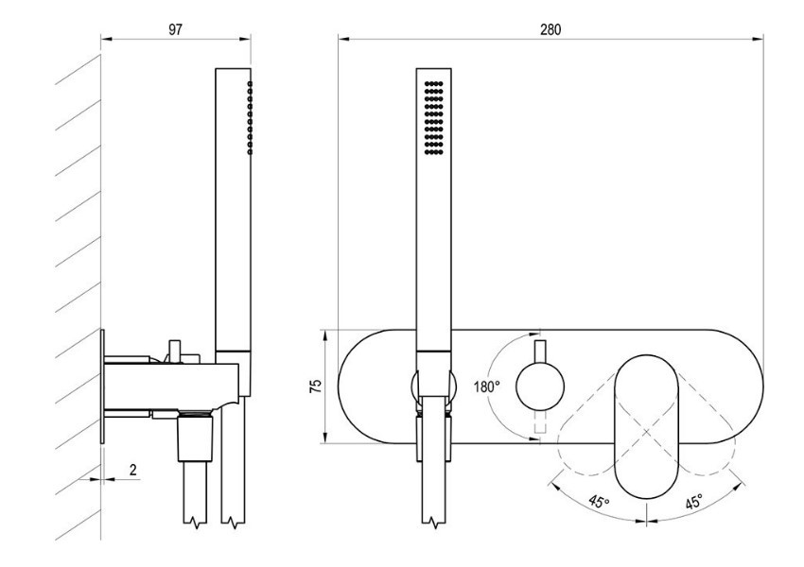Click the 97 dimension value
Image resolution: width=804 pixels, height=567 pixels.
click(175, 29)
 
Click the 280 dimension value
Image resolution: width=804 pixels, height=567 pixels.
click(551, 29)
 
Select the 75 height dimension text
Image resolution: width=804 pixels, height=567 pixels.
click(316, 387)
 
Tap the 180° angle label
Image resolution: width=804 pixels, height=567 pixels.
click(486, 387)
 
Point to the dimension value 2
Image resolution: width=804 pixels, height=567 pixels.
click(133, 470)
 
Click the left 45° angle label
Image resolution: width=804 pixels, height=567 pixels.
click(599, 502)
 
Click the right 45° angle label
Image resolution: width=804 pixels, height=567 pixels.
click(693, 502)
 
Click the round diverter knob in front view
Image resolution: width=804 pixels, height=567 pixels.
click(540, 387)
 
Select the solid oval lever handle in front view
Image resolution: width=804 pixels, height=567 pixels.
click(646, 425)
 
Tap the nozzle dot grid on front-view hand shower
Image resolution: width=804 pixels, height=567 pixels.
click(434, 118)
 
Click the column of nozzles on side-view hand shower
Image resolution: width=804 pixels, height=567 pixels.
click(250, 118)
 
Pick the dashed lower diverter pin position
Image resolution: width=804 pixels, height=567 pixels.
click(540, 422)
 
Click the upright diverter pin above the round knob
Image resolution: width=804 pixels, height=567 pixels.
click(540, 352)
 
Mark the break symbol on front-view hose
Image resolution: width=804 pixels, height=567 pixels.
click(434, 524)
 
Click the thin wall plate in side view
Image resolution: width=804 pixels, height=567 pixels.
click(102, 387)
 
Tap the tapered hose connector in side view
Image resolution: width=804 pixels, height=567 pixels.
click(195, 437)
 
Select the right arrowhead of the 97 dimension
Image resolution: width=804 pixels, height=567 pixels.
click(245, 39)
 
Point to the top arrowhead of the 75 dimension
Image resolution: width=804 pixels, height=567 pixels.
click(325, 335)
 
